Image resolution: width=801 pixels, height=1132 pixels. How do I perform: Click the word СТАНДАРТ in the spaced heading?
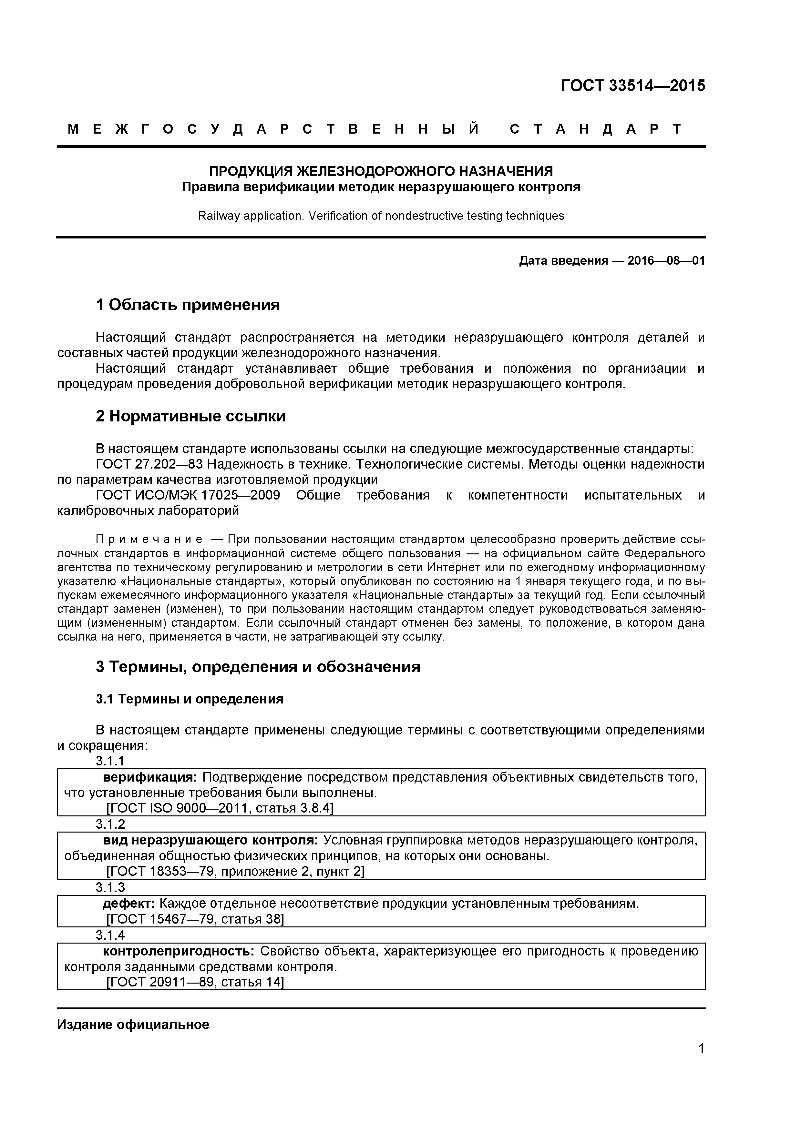(x=595, y=129)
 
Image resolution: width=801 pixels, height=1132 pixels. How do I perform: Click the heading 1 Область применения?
(x=188, y=305)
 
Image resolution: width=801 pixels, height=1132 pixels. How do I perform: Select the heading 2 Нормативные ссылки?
(x=190, y=416)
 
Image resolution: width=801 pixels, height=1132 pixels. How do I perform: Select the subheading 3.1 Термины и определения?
(x=190, y=699)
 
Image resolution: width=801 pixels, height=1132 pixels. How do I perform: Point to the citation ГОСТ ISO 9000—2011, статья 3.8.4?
(x=220, y=808)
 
